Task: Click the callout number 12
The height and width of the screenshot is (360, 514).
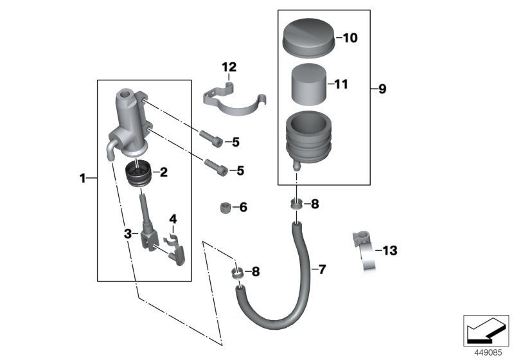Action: [x=229, y=67]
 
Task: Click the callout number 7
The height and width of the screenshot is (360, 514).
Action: [x=322, y=269]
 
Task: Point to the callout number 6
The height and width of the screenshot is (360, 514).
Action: [x=242, y=208]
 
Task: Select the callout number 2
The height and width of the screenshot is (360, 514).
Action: [x=163, y=172]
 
